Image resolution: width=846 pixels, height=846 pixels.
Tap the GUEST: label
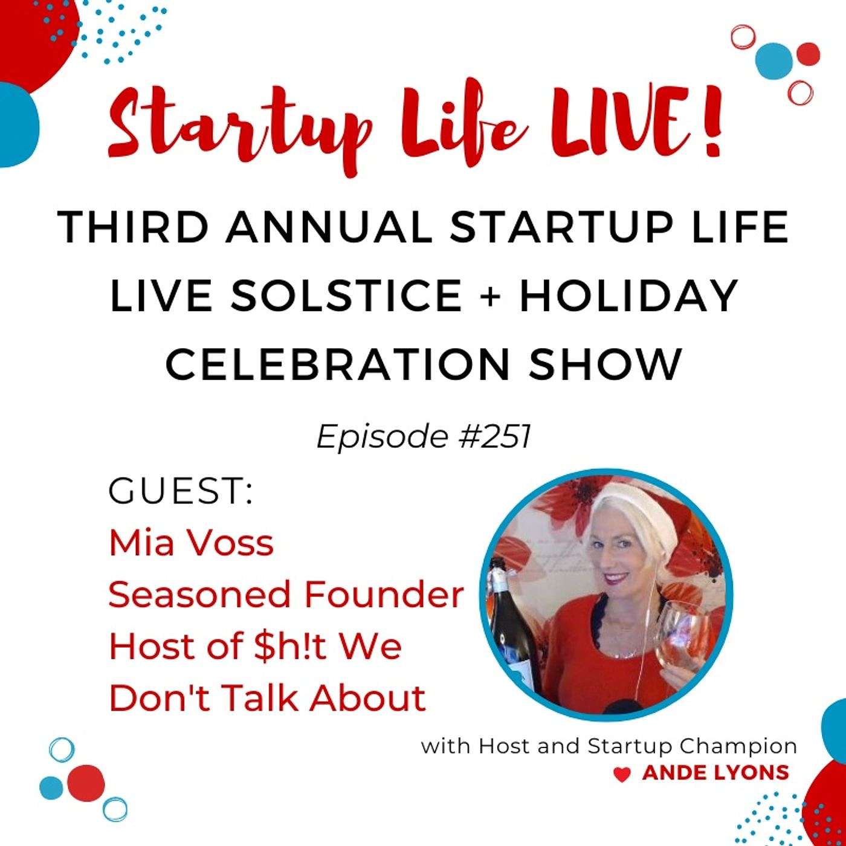point(181,492)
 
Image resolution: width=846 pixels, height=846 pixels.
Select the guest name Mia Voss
point(192,543)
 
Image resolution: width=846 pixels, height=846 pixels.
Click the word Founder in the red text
point(383,595)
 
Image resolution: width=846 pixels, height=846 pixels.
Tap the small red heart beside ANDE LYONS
point(621,789)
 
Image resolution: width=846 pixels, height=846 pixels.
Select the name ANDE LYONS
point(715,786)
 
